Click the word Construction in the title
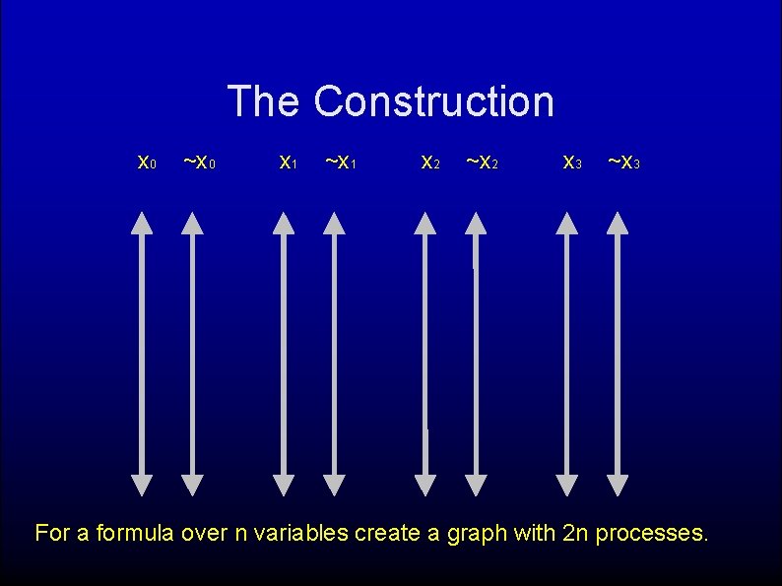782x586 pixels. [x=434, y=101]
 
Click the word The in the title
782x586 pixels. [x=263, y=101]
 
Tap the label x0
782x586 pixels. [x=146, y=162]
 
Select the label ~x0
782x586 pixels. [x=201, y=162]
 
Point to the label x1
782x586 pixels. [x=288, y=162]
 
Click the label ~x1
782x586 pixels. [x=342, y=162]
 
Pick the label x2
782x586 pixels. [x=429, y=162]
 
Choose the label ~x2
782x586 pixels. [x=483, y=162]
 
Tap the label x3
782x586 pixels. [x=571, y=162]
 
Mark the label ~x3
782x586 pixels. [x=624, y=162]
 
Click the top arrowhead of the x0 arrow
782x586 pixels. [x=142, y=224]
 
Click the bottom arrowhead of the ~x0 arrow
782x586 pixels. [x=193, y=485]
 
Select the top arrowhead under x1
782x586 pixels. [x=284, y=224]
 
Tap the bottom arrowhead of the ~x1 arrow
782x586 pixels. [x=335, y=485]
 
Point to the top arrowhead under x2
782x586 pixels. [x=425, y=224]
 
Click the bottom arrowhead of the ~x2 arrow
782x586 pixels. [x=477, y=485]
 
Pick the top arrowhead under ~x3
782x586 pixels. [x=619, y=224]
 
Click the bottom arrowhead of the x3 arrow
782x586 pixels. [x=567, y=485]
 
